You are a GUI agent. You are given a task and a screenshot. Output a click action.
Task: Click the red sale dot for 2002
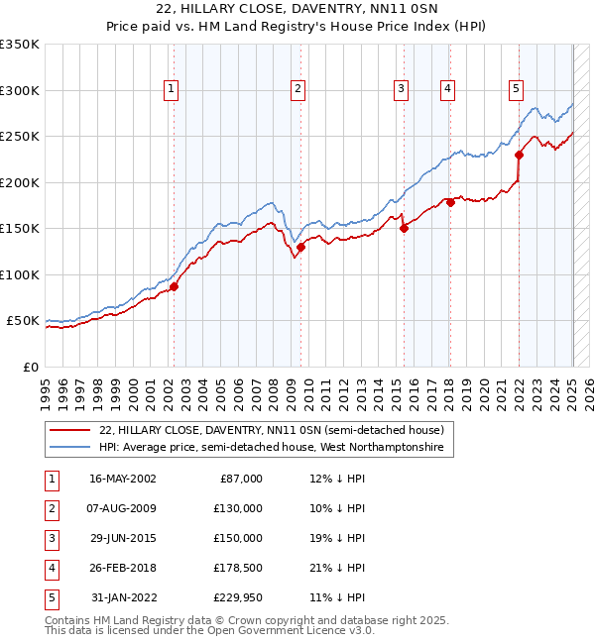pos(174,286)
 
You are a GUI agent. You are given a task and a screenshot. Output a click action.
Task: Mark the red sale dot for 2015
pos(404,228)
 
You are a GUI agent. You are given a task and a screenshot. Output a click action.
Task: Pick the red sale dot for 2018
pos(450,202)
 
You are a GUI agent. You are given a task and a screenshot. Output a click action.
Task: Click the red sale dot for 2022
pos(519,155)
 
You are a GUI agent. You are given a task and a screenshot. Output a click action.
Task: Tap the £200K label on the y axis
pos(20,182)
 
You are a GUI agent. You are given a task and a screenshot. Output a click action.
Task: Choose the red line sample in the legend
pos(70,430)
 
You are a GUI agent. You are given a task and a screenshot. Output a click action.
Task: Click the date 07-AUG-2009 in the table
pos(123,507)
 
